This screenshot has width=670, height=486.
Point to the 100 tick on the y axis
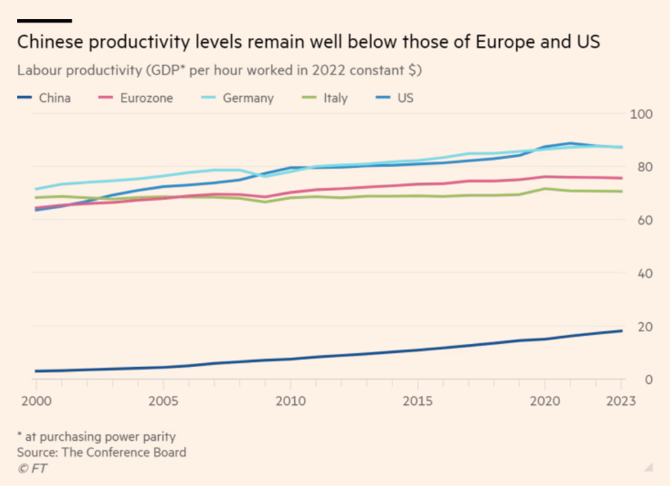pos(640,114)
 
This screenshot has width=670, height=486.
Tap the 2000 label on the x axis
pos(35,401)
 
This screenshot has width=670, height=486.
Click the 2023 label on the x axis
pos(621,401)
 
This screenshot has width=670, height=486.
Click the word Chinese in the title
pos(54,43)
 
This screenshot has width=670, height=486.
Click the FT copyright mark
pos(32,468)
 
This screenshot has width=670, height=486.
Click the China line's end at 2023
pos(621,331)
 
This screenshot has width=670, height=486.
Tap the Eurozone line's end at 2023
pos(621,178)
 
